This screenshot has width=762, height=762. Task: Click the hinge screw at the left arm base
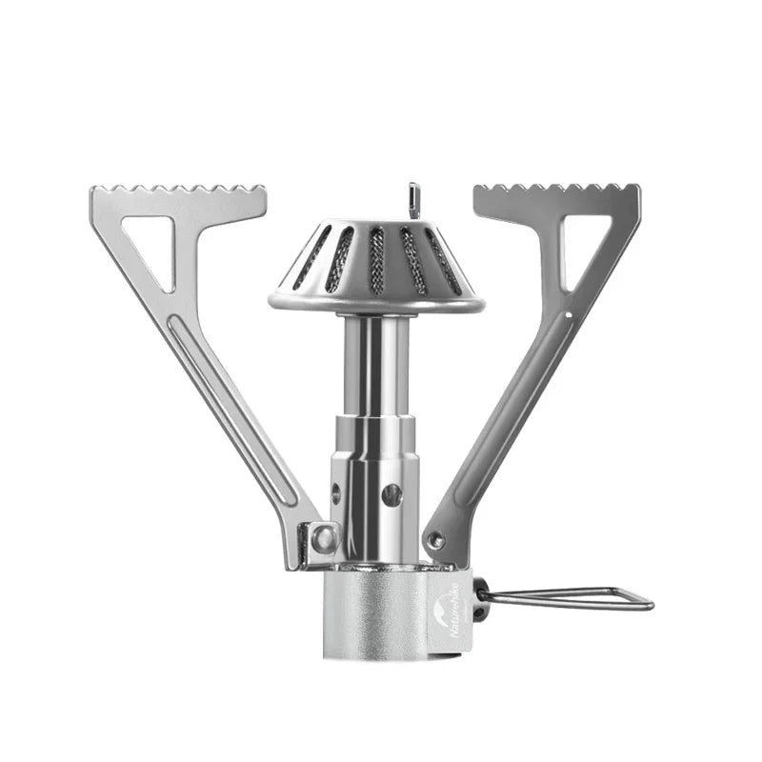point(324,539)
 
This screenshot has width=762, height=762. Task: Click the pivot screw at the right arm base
point(436,540)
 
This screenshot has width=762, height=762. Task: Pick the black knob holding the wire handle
point(480,598)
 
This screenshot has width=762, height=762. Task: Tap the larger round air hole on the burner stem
point(391,494)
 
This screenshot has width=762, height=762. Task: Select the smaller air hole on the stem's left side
point(335,493)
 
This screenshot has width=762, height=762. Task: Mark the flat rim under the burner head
point(376,304)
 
